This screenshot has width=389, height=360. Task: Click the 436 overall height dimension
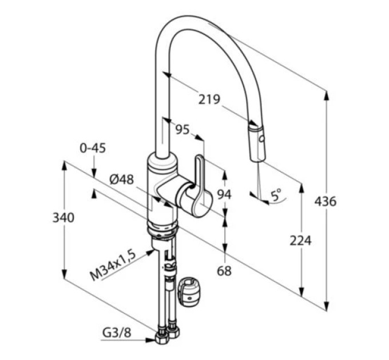pos(326,201)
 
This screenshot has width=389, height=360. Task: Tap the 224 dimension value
pos(300,241)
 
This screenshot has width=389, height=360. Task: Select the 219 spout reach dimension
pos(209,99)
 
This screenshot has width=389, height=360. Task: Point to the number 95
pos(182,129)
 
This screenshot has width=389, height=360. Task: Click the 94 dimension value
pos(224,194)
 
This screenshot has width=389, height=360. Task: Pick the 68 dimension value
pos(224,271)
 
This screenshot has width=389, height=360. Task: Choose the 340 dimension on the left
pos(63,218)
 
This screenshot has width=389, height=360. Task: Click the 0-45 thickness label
pos(93,148)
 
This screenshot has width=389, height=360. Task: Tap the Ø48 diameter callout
pos(121,179)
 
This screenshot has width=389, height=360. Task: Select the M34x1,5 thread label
pos(113,265)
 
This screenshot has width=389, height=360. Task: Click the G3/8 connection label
pos(117,333)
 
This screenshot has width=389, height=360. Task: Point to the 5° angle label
pos(276,195)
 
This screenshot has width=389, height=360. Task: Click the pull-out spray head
pos(257,143)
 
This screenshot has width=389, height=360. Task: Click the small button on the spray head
pos(261,138)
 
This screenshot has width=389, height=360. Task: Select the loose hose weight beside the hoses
pos(189,292)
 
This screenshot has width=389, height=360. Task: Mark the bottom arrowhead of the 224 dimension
pos(301,292)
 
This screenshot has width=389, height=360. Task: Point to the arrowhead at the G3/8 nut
pos(150,340)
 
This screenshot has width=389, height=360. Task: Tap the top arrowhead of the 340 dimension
pos(64,165)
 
